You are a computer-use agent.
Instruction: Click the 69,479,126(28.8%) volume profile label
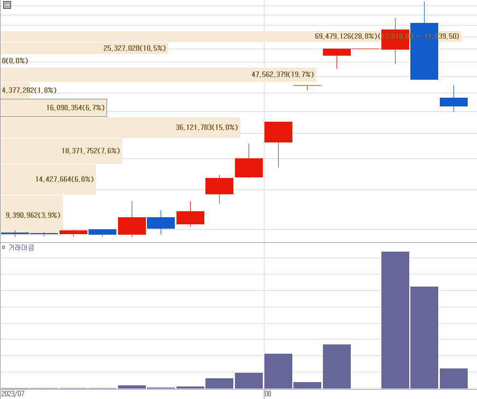(346, 37)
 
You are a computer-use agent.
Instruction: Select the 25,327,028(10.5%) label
(135, 49)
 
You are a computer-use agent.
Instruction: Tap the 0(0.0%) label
(15, 61)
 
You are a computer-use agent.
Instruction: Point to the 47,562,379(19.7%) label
(283, 75)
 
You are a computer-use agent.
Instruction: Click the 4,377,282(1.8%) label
(30, 90)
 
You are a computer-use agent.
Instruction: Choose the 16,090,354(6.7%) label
(75, 108)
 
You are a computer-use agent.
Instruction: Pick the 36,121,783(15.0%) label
(207, 128)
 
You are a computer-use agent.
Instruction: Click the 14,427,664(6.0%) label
(64, 179)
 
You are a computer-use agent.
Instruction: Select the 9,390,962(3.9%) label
(33, 215)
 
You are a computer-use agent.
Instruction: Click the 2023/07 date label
(13, 394)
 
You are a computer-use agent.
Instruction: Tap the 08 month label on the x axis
(268, 394)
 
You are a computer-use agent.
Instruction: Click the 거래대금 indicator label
(21, 248)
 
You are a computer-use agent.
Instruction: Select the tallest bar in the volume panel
(395, 320)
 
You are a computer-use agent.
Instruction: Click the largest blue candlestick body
(424, 51)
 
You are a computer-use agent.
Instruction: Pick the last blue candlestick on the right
(454, 102)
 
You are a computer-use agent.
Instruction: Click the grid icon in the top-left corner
(7, 5)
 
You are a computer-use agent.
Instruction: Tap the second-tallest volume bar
(424, 337)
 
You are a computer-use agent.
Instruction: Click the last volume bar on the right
(454, 378)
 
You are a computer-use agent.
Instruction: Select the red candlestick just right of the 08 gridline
(278, 132)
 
